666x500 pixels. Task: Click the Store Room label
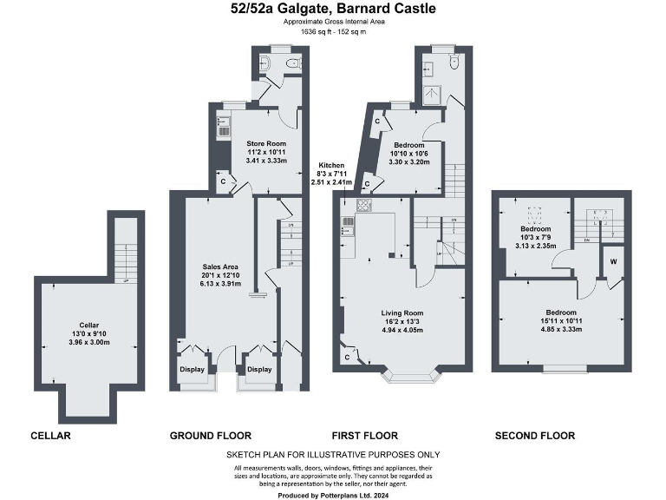pyautogui.click(x=266, y=143)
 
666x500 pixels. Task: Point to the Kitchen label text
pyautogui.click(x=331, y=165)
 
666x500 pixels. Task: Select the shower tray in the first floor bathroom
pyautogui.click(x=431, y=94)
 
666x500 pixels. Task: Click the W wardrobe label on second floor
pyautogui.click(x=613, y=260)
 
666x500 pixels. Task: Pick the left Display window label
pyautogui.click(x=193, y=369)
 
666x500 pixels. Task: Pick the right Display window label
pyautogui.click(x=258, y=369)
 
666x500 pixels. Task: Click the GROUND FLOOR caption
pyautogui.click(x=211, y=436)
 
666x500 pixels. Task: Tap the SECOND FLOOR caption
pyautogui.click(x=534, y=436)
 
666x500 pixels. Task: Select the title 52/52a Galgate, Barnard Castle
pyautogui.click(x=333, y=10)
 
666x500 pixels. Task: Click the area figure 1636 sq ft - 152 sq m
pyautogui.click(x=333, y=31)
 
